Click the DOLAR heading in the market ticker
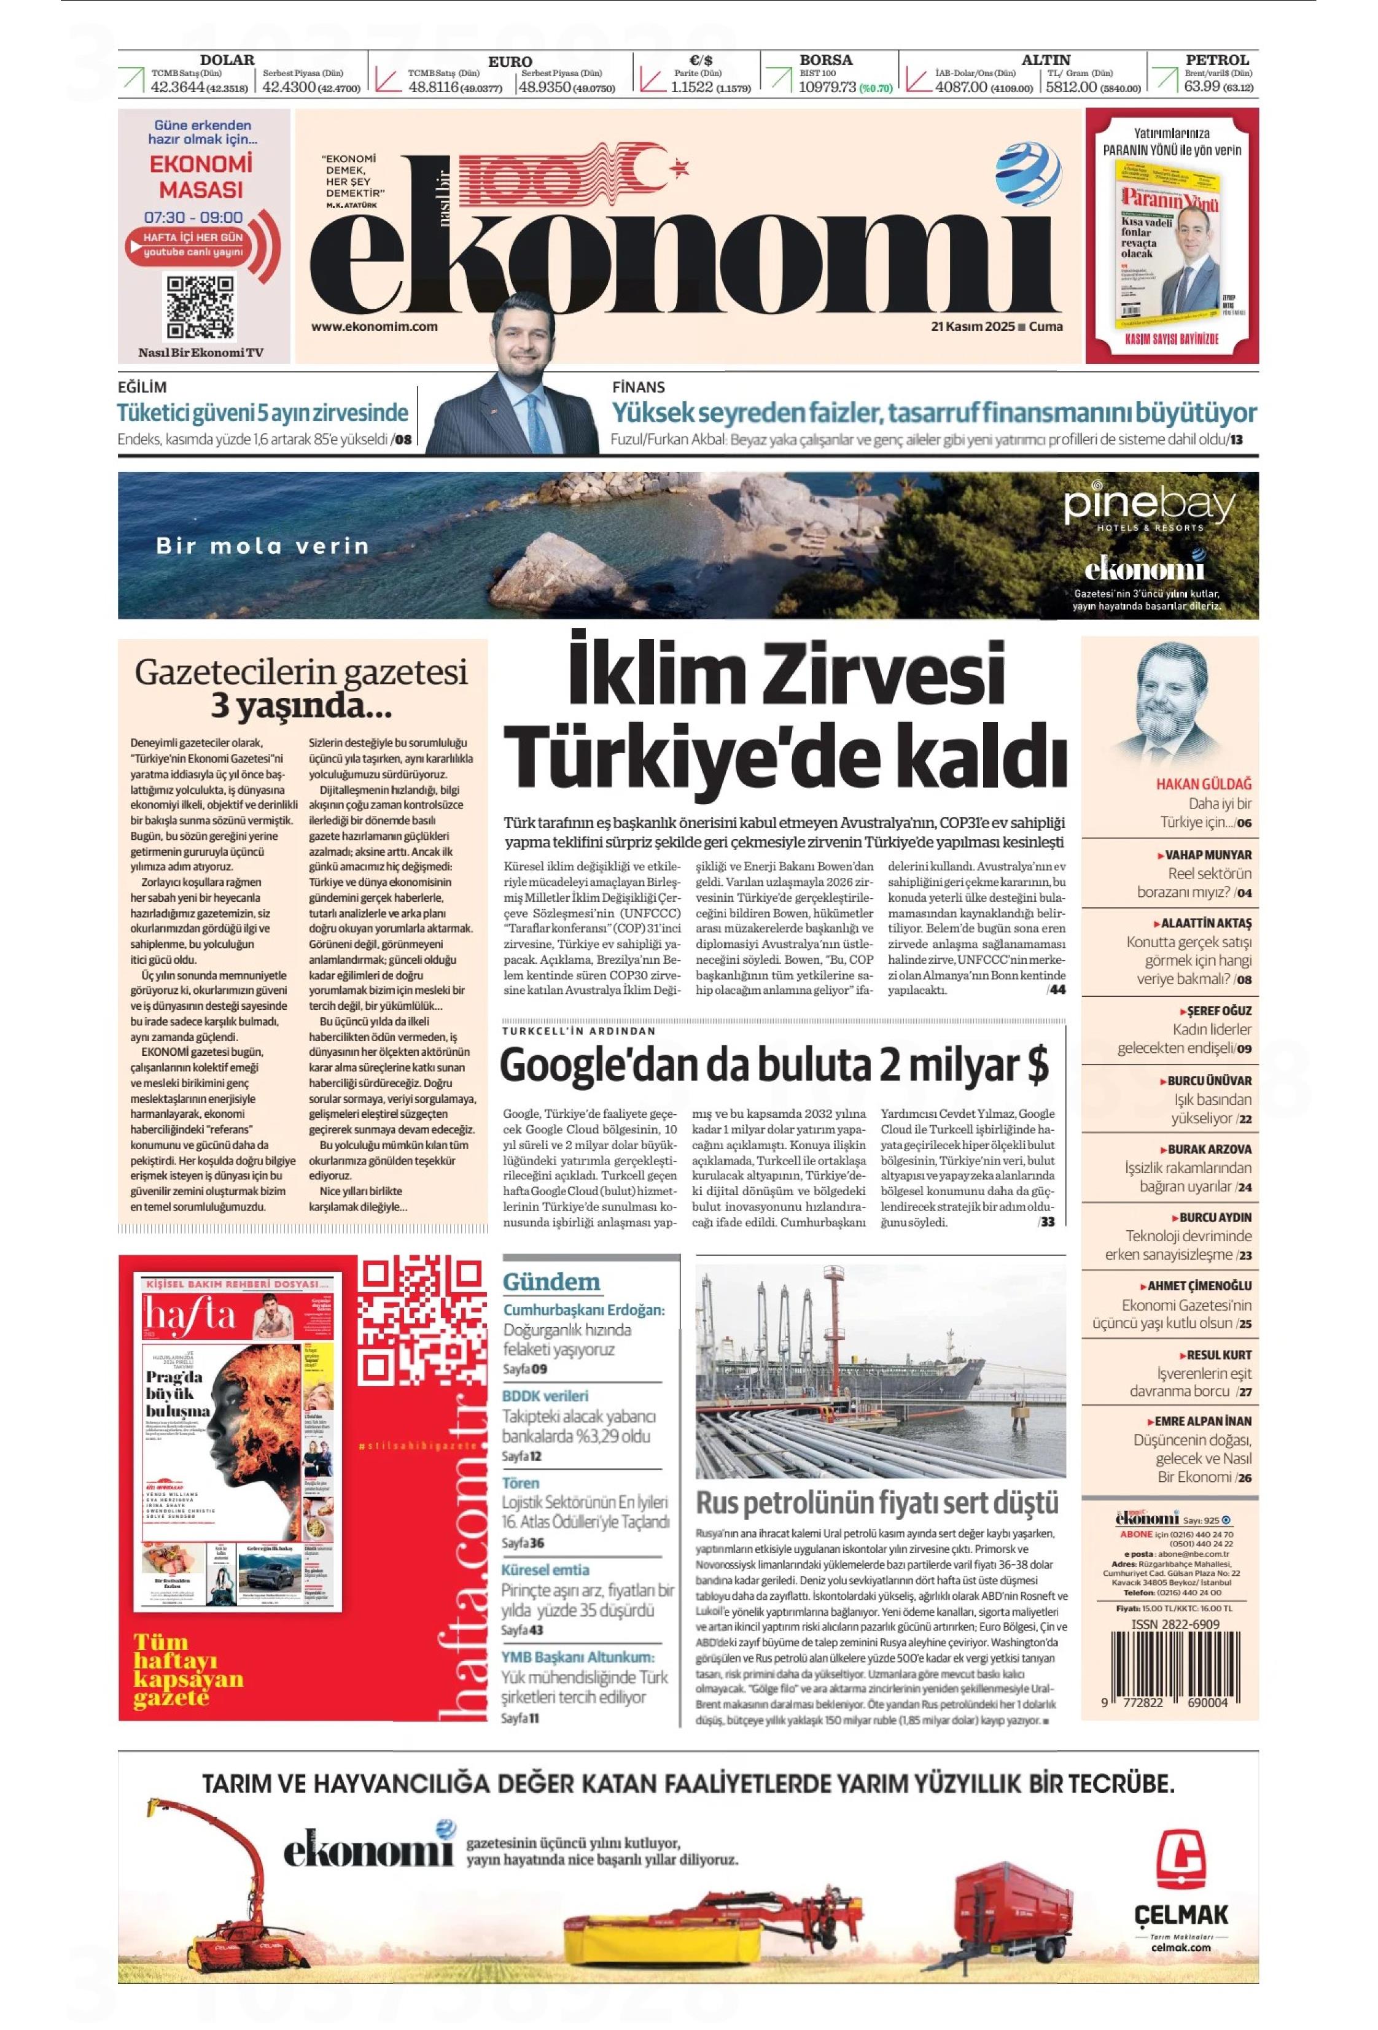coord(227,60)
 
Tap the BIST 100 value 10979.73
coord(827,87)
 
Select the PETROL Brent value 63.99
coord(1202,87)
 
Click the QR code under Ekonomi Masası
coord(201,306)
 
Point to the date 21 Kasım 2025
coord(971,327)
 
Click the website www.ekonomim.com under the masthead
coord(374,327)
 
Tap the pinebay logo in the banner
coord(1149,506)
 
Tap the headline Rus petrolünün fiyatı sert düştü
coord(876,1503)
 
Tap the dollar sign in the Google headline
coord(1037,1066)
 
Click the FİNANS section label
coord(638,387)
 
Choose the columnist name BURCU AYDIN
coord(1215,1217)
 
